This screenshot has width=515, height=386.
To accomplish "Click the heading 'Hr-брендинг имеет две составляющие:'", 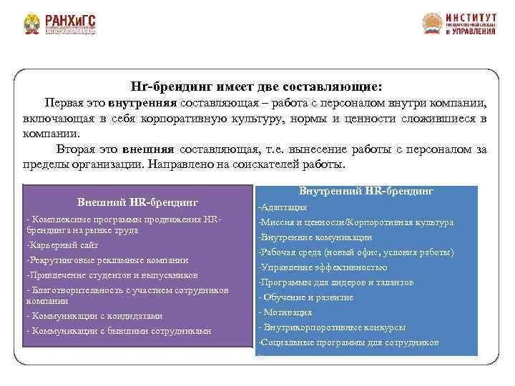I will [x=257, y=85].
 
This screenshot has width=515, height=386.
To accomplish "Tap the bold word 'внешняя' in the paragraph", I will [x=148, y=149].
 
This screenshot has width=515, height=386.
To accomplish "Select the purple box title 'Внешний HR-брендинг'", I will [x=137, y=202].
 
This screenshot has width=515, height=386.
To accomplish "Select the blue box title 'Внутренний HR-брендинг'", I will [x=366, y=192].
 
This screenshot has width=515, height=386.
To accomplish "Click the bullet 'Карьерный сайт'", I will [x=62, y=245].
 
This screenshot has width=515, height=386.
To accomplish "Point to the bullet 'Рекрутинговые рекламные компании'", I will [x=107, y=260].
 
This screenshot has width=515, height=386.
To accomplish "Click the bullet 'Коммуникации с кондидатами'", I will [x=94, y=316].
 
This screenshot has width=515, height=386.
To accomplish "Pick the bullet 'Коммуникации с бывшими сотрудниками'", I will [x=118, y=331].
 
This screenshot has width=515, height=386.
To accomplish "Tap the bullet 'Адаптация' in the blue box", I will [x=283, y=207].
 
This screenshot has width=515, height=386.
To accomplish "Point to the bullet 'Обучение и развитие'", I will [x=308, y=297].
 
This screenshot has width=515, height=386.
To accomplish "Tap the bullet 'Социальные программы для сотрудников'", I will [x=348, y=342].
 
